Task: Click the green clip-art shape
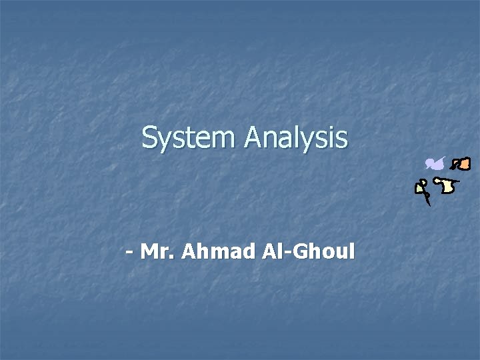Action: pos(420,187)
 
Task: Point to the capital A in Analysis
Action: pos(253,138)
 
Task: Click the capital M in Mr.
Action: pos(150,253)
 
